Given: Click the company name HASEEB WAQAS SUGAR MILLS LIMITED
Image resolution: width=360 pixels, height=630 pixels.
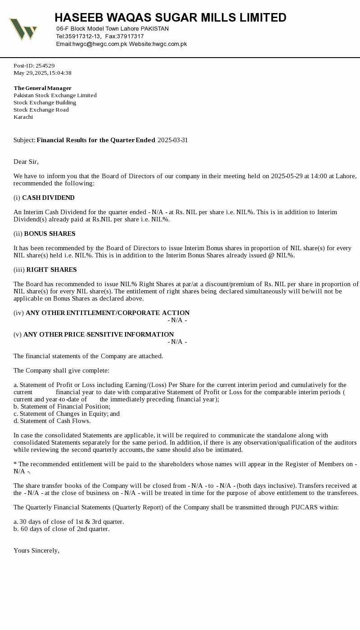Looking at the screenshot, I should tap(170, 18).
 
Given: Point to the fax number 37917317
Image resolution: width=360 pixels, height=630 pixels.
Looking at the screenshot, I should tap(130, 36).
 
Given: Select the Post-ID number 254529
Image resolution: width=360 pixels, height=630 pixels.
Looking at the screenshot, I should tap(45, 66).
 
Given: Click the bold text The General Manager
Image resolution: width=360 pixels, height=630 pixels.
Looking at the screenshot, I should tap(42, 88).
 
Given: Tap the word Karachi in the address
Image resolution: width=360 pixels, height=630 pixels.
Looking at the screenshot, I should tap(23, 117).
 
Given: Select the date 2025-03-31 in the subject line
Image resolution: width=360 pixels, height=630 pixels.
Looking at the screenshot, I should tap(173, 140).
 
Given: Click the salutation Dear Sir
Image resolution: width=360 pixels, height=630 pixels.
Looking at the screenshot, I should tap(26, 162).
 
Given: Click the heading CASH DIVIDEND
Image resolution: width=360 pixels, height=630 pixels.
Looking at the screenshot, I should tap(48, 198).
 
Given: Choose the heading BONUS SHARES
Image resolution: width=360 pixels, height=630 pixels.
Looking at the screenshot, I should tap(49, 234).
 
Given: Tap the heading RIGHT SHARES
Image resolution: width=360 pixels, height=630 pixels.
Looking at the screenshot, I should tap(51, 270).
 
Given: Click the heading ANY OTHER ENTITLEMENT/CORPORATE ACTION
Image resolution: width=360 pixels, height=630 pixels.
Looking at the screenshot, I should tap(108, 313).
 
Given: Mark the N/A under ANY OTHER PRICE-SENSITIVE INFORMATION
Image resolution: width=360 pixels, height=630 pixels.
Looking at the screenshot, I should tap(177, 342).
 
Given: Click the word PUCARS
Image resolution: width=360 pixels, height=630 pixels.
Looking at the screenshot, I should tap(305, 507).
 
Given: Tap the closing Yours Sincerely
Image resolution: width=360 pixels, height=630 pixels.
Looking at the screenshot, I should tap(36, 550).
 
